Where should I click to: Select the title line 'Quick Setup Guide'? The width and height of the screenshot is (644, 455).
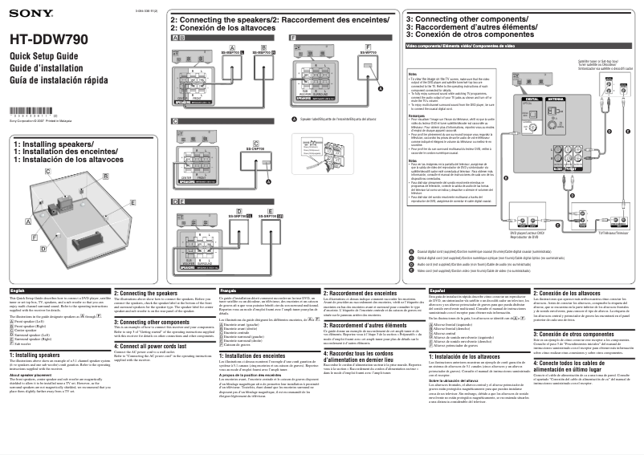43,56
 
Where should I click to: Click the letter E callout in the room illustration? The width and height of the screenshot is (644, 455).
132,204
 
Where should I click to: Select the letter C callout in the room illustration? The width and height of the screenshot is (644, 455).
48,173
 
